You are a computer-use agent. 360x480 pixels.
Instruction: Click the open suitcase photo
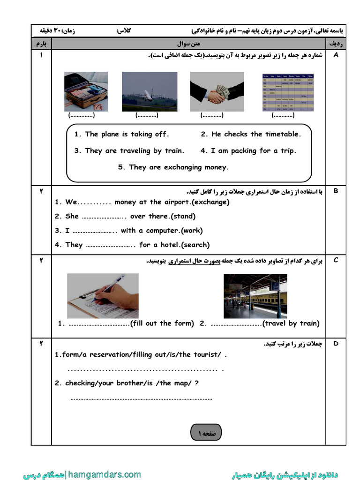86,91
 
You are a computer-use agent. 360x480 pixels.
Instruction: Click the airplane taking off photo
150,91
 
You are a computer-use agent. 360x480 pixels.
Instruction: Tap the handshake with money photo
217,91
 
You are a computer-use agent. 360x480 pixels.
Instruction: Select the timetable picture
287,91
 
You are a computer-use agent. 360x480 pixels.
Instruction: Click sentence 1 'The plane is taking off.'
121,134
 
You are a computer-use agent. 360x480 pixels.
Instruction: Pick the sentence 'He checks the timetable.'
251,134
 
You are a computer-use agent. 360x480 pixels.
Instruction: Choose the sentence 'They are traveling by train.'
129,151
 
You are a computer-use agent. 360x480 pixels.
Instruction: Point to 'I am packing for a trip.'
248,151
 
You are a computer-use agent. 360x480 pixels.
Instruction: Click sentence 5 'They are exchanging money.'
173,167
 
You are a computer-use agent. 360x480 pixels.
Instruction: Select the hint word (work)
192,231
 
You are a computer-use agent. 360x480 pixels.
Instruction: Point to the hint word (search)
195,245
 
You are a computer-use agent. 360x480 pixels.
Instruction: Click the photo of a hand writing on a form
103,296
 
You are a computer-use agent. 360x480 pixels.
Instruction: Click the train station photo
255,296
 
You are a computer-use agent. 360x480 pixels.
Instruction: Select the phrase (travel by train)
291,323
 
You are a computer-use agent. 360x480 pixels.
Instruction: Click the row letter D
335,344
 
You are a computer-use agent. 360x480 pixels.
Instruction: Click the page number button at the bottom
206,433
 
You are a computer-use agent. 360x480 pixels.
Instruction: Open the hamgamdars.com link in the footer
104,474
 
